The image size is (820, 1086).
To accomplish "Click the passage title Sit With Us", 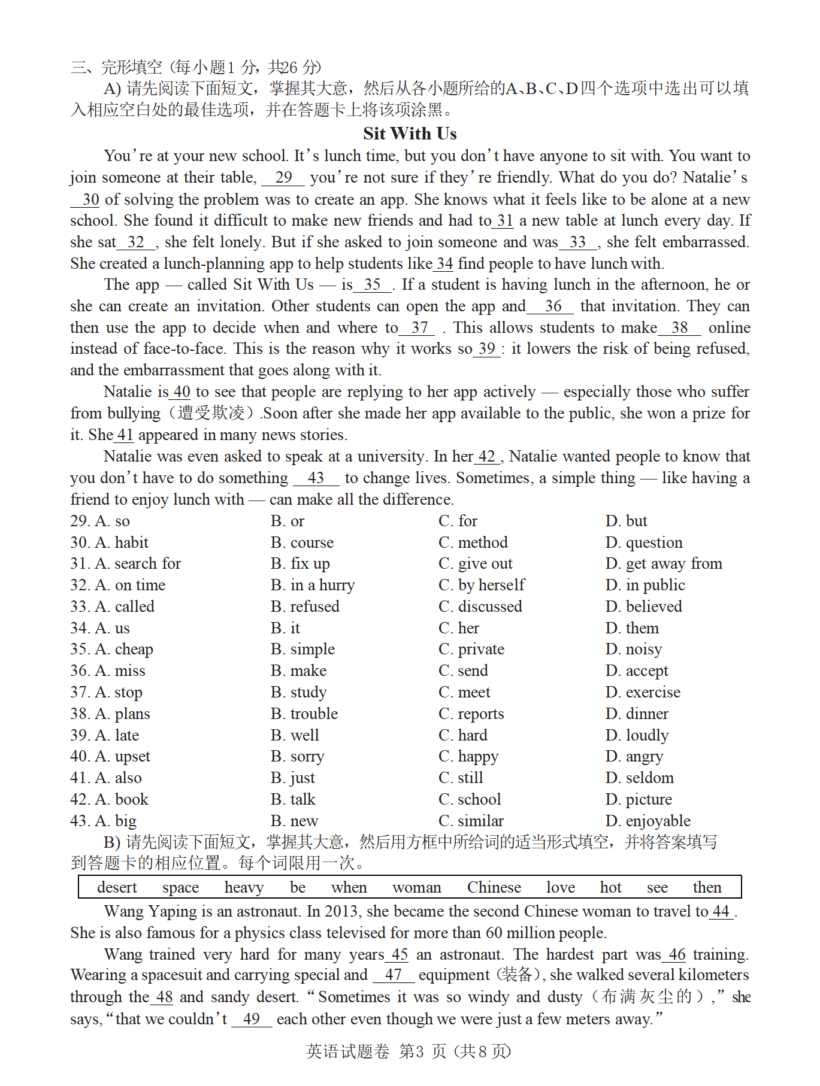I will [x=410, y=133].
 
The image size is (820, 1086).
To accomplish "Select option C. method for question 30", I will [x=473, y=542].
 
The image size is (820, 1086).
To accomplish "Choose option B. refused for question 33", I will [x=305, y=606].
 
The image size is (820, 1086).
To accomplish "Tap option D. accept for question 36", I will [x=637, y=671].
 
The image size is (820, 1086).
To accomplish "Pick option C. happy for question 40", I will [x=468, y=757].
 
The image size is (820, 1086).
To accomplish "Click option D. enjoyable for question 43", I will [x=647, y=821].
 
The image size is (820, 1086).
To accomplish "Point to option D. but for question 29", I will [x=626, y=521].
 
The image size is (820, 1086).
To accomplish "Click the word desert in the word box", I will [x=117, y=887].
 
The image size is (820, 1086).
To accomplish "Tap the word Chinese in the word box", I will [x=494, y=887].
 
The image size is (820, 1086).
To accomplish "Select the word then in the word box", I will [x=707, y=887].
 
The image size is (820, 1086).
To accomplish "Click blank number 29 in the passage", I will [x=283, y=177].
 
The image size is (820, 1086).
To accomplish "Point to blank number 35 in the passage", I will [x=372, y=285].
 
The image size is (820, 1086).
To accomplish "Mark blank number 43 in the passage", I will [x=316, y=478].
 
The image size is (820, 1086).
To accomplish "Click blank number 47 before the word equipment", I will [x=393, y=975].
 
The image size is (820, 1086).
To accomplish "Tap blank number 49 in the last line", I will [x=252, y=1019].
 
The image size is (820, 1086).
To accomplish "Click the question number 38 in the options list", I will [x=80, y=714].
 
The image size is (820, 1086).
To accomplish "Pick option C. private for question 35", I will [x=471, y=650].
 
